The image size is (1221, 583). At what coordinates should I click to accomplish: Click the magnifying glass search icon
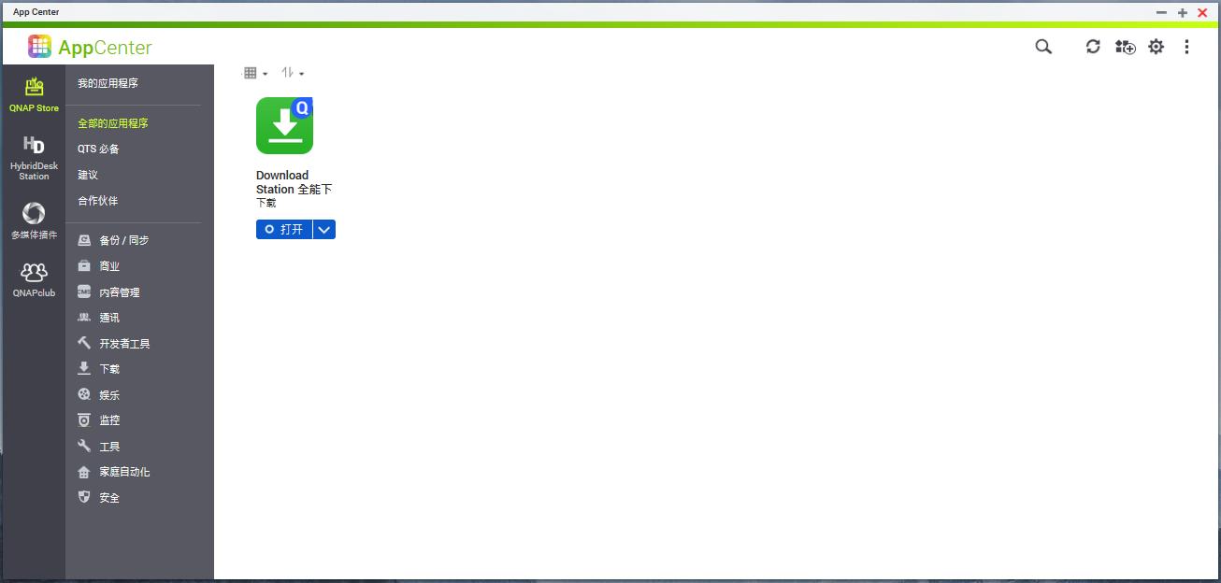(1043, 47)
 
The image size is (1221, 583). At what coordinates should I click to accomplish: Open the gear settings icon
(1156, 47)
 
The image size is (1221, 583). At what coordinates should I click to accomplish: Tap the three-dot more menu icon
(1186, 47)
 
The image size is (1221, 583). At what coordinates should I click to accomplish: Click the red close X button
(1202, 12)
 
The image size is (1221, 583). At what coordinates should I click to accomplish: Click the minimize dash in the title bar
(1161, 12)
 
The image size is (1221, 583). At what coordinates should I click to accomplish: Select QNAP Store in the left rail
(34, 94)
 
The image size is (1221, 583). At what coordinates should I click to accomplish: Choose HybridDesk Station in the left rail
(34, 158)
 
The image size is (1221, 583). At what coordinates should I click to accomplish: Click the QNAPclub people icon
(34, 271)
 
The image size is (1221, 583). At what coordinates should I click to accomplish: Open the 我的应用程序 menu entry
(108, 83)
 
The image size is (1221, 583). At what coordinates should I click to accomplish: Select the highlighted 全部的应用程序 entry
(113, 123)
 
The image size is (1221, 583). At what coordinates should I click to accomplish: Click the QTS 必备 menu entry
(98, 149)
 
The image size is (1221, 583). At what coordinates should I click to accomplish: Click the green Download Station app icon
(284, 125)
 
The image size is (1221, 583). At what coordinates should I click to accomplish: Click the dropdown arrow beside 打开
(324, 230)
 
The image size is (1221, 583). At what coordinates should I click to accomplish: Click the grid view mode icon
(251, 73)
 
